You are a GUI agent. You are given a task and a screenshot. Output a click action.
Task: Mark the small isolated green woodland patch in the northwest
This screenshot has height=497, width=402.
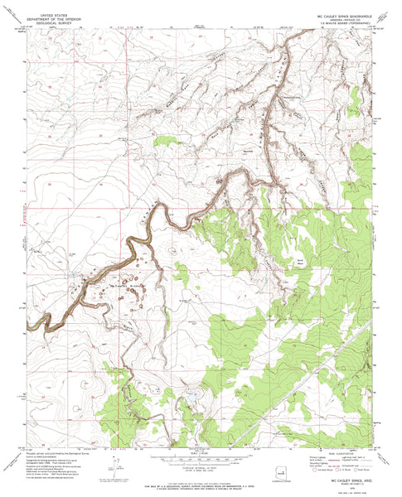pyautogui.click(x=167, y=140)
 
